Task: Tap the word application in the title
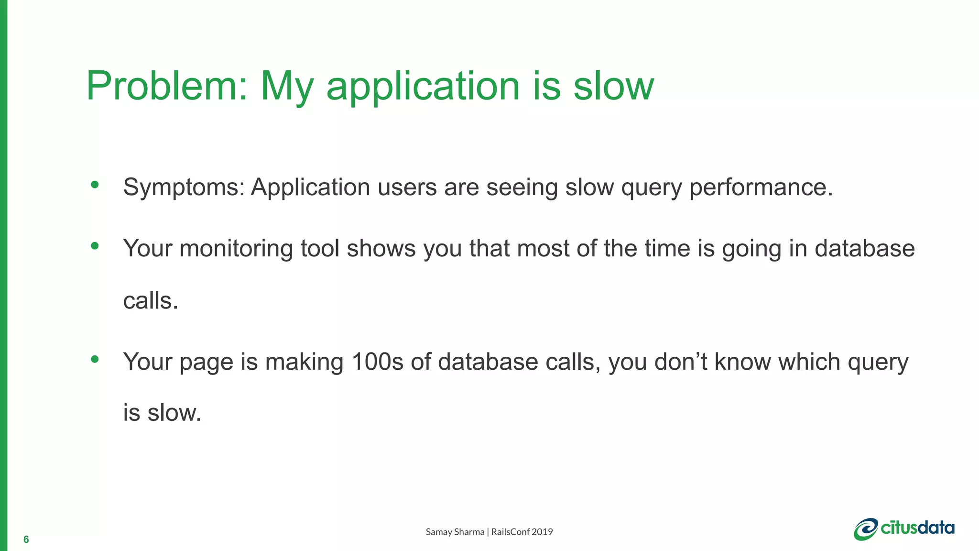tap(423, 87)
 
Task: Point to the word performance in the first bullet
tap(761, 187)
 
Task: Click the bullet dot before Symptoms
tap(95, 184)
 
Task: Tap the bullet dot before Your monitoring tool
tap(95, 246)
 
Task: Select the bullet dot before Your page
tap(95, 359)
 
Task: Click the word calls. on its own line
tap(151, 301)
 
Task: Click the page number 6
tap(26, 540)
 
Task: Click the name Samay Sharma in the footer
tap(455, 532)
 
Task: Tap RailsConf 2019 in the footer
tap(522, 532)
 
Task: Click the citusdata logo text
tap(917, 528)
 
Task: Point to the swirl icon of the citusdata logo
tap(866, 529)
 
